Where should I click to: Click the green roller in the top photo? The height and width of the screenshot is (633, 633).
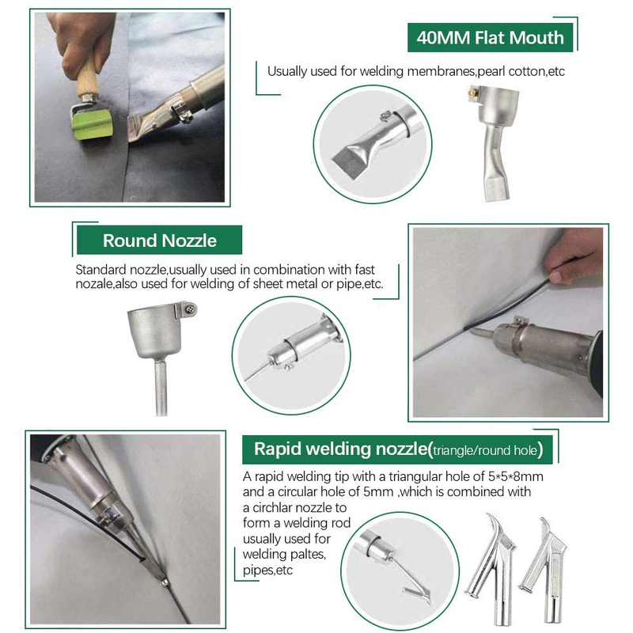point(92,125)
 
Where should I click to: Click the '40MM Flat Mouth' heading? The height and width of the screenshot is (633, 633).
point(490,37)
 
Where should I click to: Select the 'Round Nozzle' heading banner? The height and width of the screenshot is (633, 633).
point(160,241)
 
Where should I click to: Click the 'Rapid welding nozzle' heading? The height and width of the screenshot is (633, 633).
point(341,449)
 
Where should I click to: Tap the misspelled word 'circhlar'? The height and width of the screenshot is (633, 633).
point(275,507)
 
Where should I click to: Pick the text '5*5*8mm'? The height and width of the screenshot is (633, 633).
point(516,476)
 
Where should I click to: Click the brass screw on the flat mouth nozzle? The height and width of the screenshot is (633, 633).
point(472,93)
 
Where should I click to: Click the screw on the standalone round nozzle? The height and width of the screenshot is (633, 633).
point(190,309)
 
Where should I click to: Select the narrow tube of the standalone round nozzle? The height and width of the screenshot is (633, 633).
point(161,387)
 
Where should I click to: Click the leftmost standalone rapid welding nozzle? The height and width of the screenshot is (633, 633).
point(491,570)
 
